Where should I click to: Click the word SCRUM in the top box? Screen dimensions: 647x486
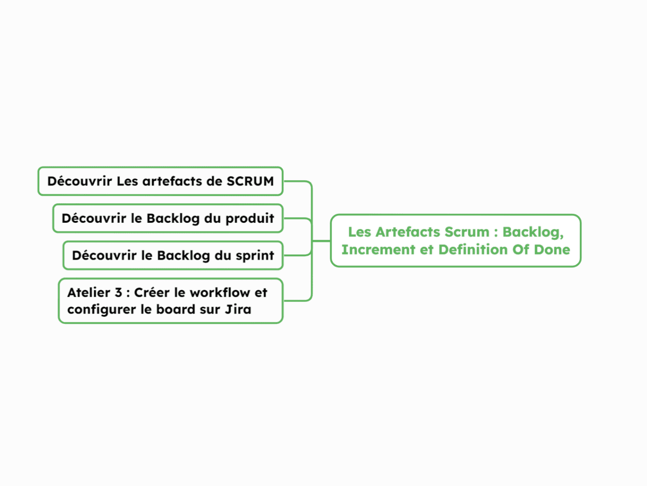[250, 181]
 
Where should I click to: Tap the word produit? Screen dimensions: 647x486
[250, 219]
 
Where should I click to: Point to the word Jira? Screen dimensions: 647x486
[238, 309]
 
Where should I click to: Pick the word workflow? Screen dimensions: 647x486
[219, 293]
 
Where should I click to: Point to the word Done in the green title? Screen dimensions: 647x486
[552, 250]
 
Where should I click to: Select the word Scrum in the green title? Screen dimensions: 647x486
[467, 232]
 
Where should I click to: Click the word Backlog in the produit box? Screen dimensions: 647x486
[173, 219]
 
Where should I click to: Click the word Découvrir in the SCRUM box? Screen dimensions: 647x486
[80, 181]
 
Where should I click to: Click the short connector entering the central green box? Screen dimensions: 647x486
[321, 241]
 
